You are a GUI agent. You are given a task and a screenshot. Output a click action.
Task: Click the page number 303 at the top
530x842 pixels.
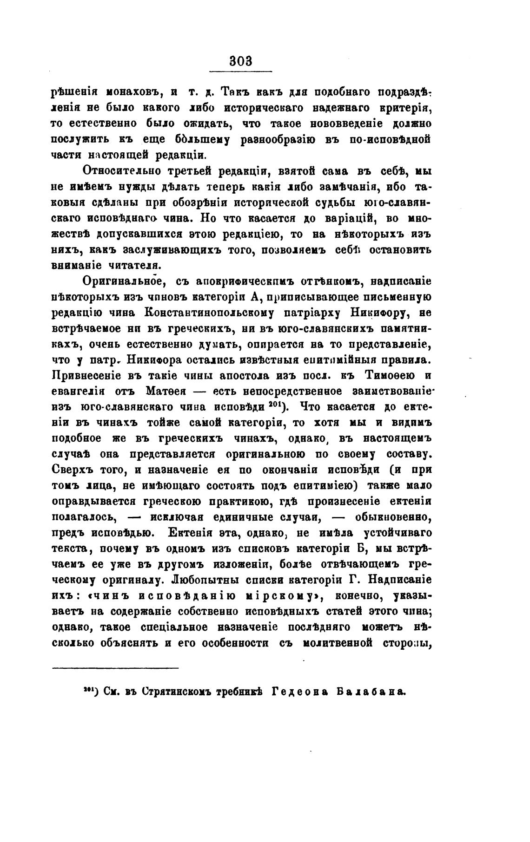(241, 61)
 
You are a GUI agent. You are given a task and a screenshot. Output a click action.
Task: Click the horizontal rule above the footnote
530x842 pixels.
(115, 668)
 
